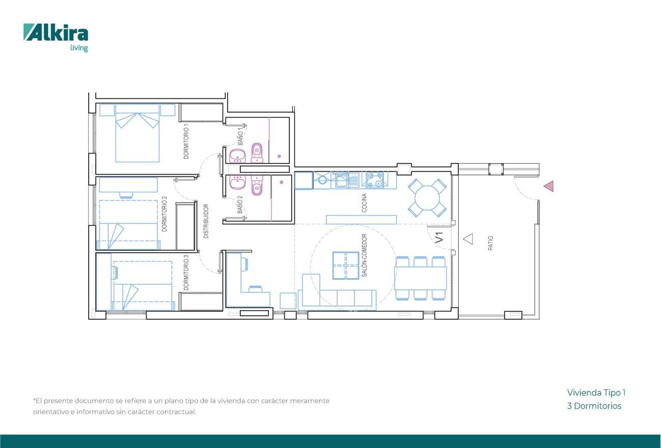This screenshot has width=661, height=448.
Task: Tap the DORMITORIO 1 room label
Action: [186, 141]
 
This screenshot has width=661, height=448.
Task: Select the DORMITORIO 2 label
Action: [164, 214]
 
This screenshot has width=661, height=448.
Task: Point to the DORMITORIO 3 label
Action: [186, 272]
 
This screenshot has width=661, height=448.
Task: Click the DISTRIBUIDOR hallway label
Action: [206, 221]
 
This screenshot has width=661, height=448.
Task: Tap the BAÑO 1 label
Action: [241, 136]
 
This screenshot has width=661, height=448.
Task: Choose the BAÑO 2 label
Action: [240, 205]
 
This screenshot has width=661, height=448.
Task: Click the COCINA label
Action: [364, 203]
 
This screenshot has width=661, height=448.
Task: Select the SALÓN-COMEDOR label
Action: [364, 255]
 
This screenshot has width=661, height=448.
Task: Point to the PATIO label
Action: [490, 243]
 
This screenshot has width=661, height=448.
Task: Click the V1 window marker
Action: [440, 238]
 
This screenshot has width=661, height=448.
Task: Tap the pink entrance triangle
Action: [549, 186]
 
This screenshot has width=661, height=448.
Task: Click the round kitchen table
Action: [427, 198]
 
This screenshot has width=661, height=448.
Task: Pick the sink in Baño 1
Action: [237, 156]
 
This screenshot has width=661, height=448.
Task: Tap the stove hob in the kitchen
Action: [375, 180]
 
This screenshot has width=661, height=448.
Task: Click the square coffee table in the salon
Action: [345, 265]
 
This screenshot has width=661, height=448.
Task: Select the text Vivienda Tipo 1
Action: [596, 393]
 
